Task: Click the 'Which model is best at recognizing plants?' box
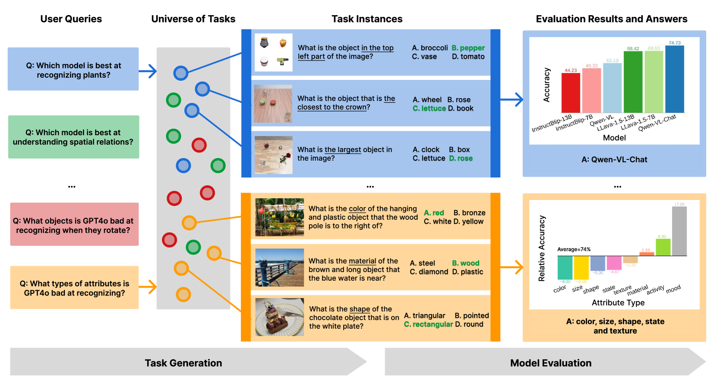73,69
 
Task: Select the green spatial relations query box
73,137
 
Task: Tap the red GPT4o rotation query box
74,225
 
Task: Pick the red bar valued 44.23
570,93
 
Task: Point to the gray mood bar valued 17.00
679,231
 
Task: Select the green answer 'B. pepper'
468,48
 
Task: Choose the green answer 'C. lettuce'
429,108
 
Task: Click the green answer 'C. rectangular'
428,324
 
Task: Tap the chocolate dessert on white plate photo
280,317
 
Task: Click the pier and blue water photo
280,267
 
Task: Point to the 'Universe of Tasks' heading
193,19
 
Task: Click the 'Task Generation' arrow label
183,363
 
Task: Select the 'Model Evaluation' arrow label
550,363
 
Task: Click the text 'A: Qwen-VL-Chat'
614,160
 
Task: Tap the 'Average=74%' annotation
574,249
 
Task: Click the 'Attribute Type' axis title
618,303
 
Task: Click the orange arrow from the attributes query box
148,287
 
